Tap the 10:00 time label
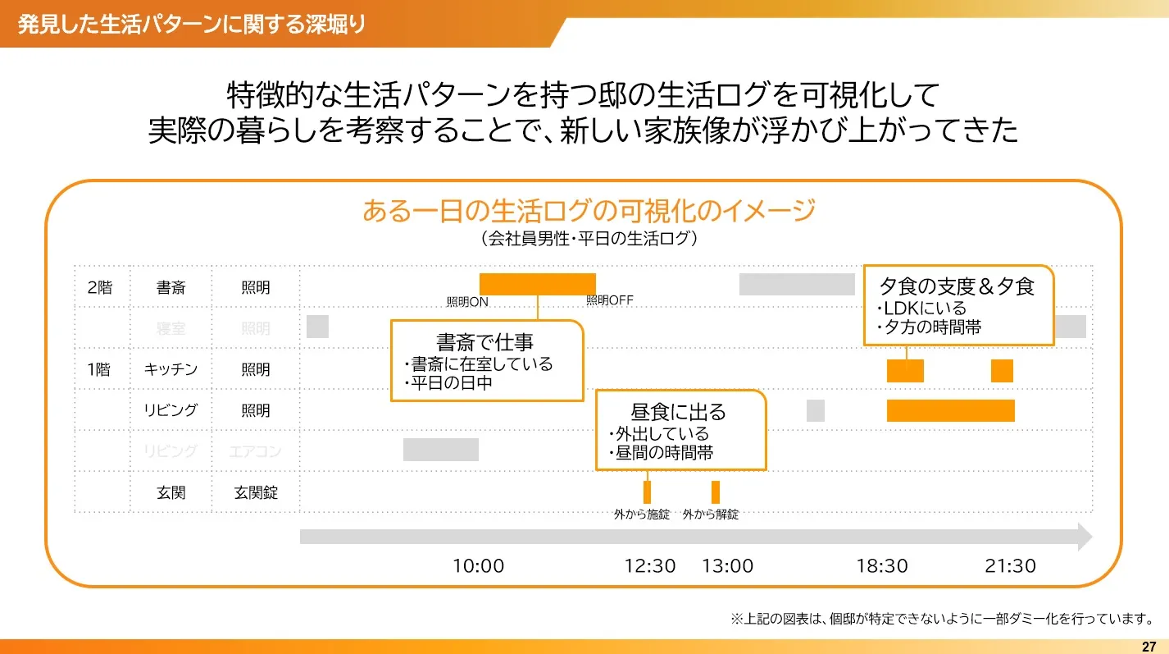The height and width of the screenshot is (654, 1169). tap(479, 566)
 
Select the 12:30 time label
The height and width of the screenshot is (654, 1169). tap(650, 566)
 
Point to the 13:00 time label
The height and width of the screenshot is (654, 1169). tap(727, 566)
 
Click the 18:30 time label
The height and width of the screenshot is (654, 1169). tap(882, 566)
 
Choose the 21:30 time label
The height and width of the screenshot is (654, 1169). tap(1010, 566)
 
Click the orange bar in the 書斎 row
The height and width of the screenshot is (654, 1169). tap(537, 284)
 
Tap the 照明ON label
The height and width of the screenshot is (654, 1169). tap(467, 302)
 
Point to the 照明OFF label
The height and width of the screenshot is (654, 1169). tap(609, 300)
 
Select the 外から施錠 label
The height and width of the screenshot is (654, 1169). tap(642, 515)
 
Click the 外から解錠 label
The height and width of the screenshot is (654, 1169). tap(711, 515)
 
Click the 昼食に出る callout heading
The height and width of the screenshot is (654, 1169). tap(679, 412)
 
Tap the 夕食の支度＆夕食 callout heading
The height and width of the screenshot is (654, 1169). tap(957, 286)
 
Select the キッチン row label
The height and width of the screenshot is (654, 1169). tap(171, 369)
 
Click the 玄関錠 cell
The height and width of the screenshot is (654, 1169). tap(256, 492)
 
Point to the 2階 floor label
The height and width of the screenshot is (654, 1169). tap(99, 288)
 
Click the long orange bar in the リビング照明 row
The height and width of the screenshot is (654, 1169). tap(950, 410)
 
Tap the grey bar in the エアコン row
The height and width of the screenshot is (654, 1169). tap(440, 450)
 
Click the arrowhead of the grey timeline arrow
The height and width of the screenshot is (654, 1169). tap(1084, 537)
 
